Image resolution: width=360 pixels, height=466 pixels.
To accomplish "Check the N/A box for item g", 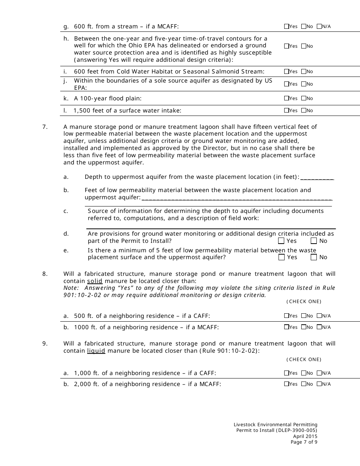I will click(319, 27).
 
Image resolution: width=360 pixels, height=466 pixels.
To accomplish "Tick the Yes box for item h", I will click(286, 46).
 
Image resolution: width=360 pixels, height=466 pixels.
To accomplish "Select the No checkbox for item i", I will click(304, 72).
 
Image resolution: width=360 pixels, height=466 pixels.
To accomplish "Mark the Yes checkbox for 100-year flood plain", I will click(286, 99).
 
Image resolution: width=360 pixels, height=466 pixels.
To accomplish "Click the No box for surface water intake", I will click(304, 111).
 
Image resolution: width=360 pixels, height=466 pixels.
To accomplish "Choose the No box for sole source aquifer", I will click(304, 84).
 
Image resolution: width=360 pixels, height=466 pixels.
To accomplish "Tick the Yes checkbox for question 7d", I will click(281, 241).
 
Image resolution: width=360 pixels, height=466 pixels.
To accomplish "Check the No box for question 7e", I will click(314, 257).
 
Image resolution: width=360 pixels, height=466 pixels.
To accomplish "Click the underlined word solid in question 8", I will click(95, 281).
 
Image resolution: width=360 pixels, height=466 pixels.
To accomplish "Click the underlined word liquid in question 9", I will click(96, 351).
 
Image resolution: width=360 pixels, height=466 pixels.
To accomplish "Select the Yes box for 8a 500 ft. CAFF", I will click(286, 316).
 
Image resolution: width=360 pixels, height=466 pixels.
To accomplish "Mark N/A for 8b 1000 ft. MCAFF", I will click(319, 327).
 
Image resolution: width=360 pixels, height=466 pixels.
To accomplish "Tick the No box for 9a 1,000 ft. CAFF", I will click(304, 373).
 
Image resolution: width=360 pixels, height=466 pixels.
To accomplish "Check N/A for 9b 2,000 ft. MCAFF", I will click(319, 384).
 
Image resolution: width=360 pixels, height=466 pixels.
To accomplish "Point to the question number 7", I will click(45, 127).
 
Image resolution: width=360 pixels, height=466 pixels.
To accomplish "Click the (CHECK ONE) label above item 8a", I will click(304, 302).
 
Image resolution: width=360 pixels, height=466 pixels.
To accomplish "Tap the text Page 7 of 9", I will click(304, 442).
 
